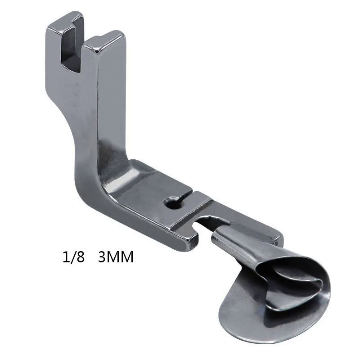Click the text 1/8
coord(74,257)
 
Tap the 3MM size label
coord(116,257)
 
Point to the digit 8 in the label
coord(81,257)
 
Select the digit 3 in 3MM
coord(102,257)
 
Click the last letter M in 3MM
coord(127,257)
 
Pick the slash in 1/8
coord(73,257)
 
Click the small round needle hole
coord(171,202)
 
